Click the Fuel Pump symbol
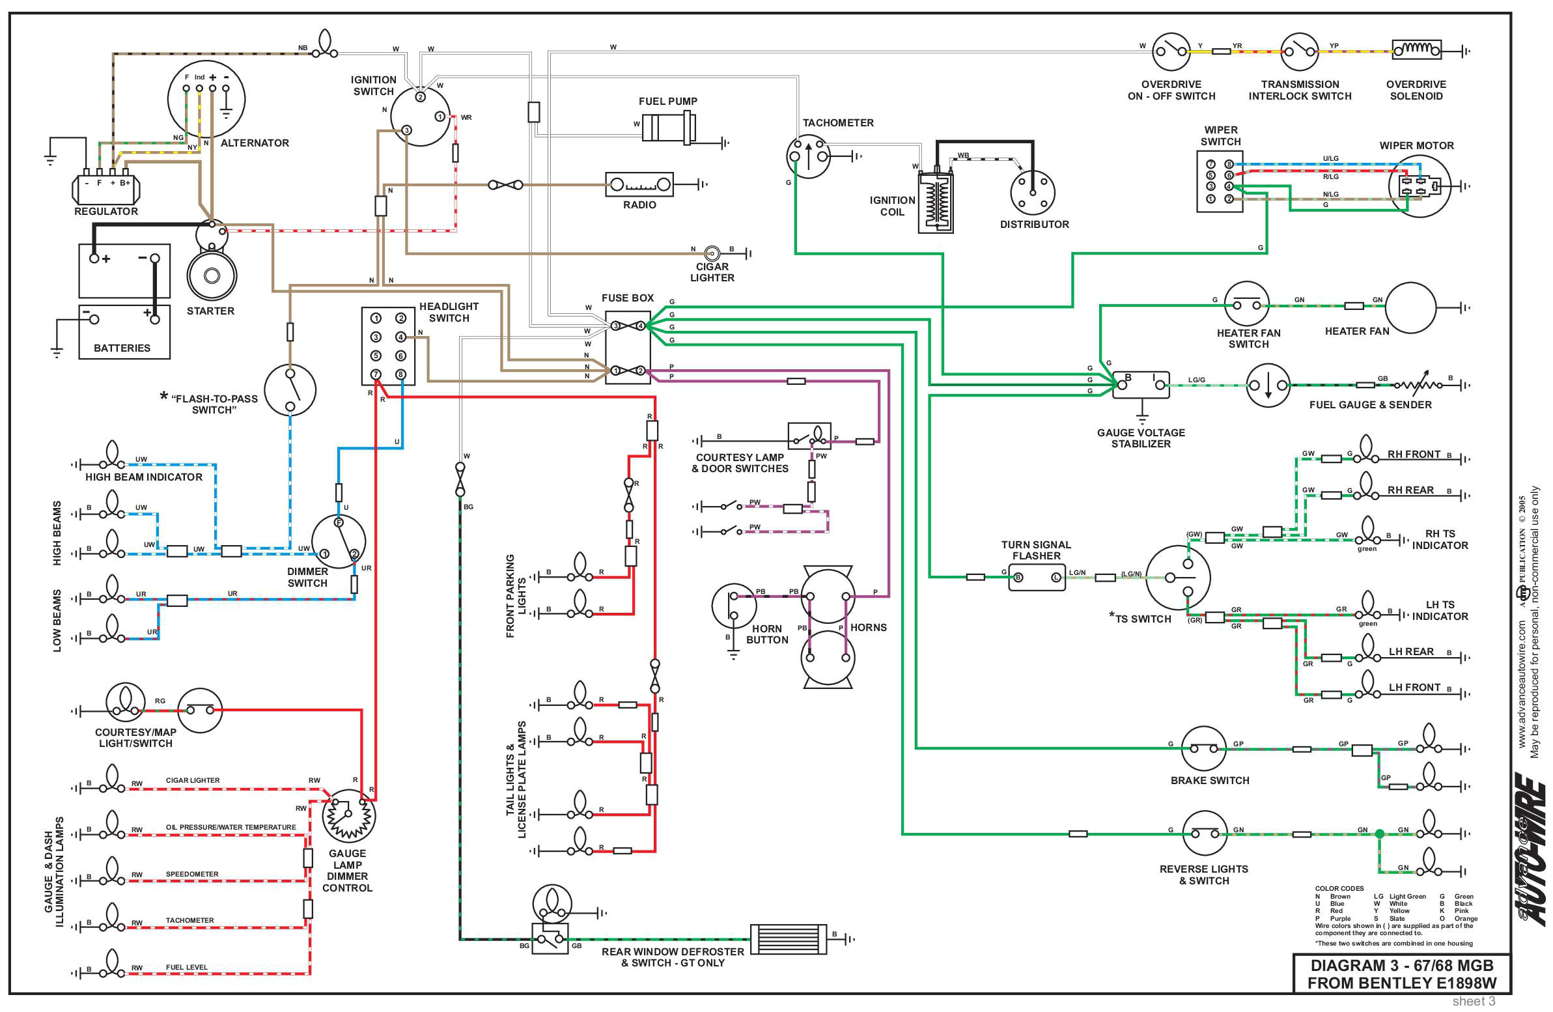point(668,126)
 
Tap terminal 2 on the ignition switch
point(421,97)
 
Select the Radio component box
point(639,185)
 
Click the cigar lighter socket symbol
point(712,253)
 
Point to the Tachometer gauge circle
point(809,156)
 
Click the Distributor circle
point(1032,192)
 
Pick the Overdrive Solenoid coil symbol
point(1416,50)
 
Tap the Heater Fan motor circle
point(1410,307)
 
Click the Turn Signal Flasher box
point(1037,577)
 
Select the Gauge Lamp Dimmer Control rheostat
point(349,815)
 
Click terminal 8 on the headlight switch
point(400,374)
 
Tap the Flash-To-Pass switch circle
point(290,390)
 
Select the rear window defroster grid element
point(788,939)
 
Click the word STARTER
point(210,311)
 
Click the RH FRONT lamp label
point(1414,454)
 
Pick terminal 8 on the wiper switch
point(1229,164)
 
